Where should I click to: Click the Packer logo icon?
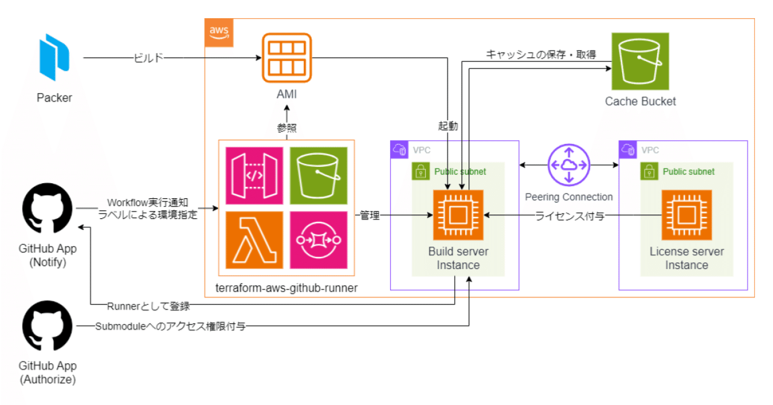[x=54, y=57]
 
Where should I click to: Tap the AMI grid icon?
[x=287, y=58]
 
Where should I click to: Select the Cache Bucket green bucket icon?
[x=640, y=62]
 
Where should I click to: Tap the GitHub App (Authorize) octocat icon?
[x=48, y=328]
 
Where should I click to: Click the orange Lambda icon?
[x=254, y=240]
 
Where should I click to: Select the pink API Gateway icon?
[x=254, y=175]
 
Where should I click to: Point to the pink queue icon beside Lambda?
[x=318, y=240]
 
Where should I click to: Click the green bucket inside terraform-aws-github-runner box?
[x=318, y=175]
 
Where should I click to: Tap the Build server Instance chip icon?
[x=458, y=215]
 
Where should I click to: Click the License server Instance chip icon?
[x=686, y=215]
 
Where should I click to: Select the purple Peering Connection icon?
[x=568, y=164]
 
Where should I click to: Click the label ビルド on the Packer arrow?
[x=148, y=58]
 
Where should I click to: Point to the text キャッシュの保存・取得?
[x=541, y=54]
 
